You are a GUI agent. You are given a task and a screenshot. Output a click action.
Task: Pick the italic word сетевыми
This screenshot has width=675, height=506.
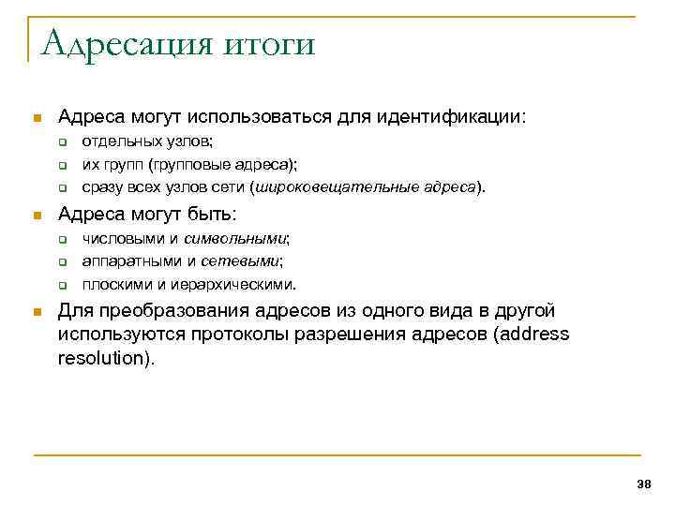point(248,261)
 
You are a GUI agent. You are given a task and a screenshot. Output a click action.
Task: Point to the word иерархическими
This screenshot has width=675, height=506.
point(245,284)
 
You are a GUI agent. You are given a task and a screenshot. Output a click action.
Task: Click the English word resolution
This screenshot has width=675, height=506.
point(100,359)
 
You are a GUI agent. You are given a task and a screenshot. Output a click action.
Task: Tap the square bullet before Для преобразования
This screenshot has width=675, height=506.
point(37,311)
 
